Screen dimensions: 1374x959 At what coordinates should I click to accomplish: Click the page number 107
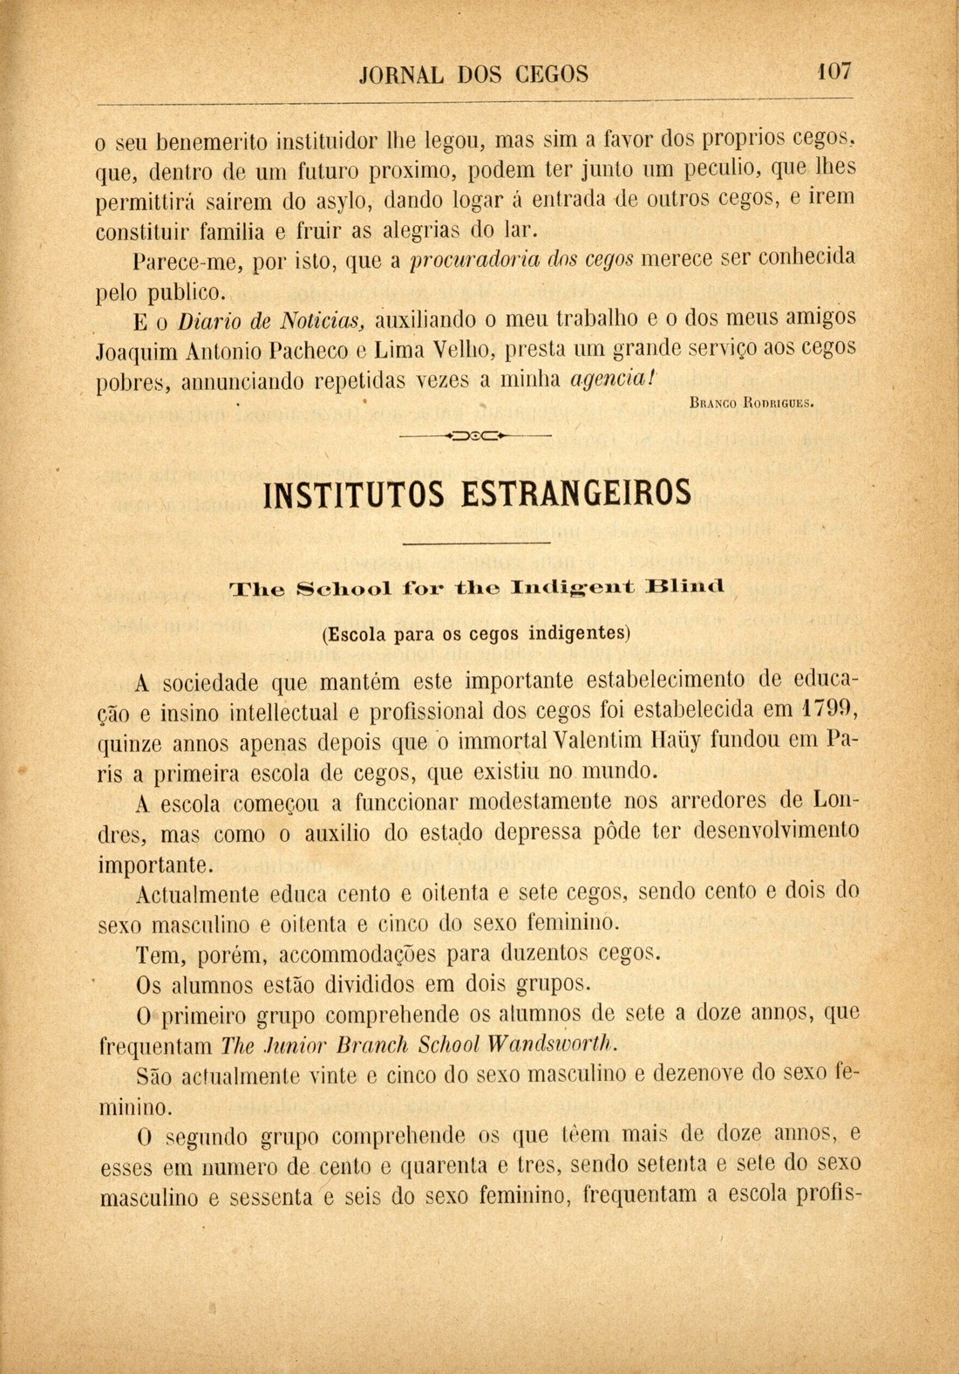(834, 72)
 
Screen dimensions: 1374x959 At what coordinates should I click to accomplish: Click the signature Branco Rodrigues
(751, 402)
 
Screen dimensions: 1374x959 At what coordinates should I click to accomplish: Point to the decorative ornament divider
(475, 434)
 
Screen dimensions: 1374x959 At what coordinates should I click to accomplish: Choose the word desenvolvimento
(776, 831)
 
